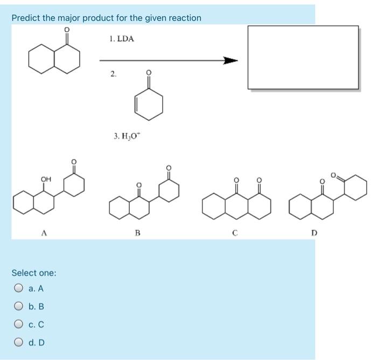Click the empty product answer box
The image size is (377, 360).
[x=303, y=57]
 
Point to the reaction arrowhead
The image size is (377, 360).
[x=231, y=61]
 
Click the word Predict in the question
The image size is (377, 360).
[x=26, y=18]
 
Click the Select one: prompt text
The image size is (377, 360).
[x=34, y=273]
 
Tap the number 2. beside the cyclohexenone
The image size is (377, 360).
[x=113, y=74]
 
